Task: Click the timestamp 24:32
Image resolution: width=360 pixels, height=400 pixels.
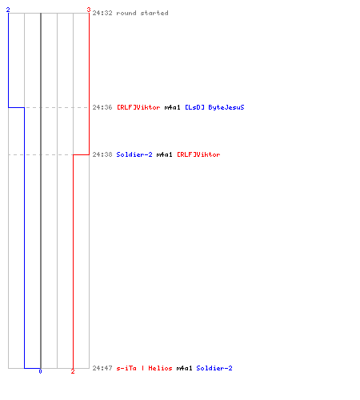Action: click(x=102, y=13)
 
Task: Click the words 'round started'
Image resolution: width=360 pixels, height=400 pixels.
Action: click(x=142, y=13)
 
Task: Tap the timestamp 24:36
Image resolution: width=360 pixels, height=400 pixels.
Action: click(x=102, y=107)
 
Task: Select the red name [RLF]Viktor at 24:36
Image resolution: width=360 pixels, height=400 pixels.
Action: click(x=138, y=107)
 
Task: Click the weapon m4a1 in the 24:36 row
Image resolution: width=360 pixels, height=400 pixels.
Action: click(x=173, y=107)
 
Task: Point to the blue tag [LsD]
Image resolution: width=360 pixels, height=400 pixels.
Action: click(x=194, y=107)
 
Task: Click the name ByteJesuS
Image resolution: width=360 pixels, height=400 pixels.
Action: click(x=226, y=107)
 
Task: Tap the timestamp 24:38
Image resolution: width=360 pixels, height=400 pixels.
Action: click(x=102, y=154)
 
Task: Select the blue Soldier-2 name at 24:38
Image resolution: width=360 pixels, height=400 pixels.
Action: click(x=134, y=154)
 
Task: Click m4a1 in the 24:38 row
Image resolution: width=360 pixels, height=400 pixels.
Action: click(x=165, y=154)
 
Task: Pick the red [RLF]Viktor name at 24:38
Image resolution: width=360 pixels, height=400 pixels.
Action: click(x=198, y=154)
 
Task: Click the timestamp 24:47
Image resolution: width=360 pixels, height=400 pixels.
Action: click(x=102, y=368)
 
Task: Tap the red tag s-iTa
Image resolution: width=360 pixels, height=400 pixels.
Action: click(x=126, y=368)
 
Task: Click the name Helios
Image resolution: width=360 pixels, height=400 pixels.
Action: click(x=160, y=368)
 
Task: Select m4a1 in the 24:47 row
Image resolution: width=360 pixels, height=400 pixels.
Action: click(x=185, y=368)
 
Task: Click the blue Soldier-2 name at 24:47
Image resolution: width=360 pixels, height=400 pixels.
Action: click(x=214, y=368)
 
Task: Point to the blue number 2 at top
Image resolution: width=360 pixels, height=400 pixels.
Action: click(x=8, y=10)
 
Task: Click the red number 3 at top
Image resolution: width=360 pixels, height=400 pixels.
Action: click(x=89, y=10)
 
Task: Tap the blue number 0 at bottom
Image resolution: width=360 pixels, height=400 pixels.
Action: click(x=40, y=371)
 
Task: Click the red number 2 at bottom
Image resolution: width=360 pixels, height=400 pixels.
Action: click(x=73, y=371)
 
